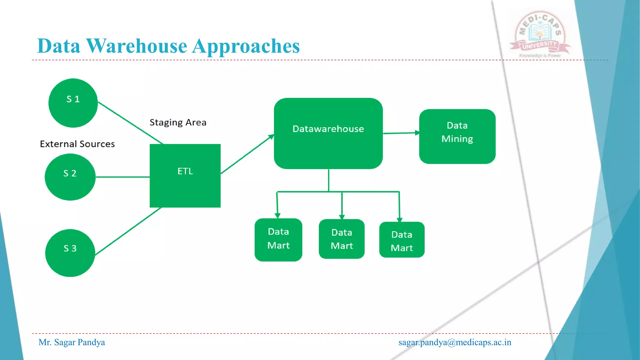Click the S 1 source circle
[73, 103]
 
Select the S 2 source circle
[70, 177]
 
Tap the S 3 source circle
[70, 253]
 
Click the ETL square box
[185, 176]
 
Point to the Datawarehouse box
[328, 133]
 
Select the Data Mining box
[457, 136]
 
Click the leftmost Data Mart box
[278, 240]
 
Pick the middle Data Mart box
[342, 239]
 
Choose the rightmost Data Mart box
[402, 240]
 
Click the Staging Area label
[178, 122]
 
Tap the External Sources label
[77, 144]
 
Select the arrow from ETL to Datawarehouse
[247, 154]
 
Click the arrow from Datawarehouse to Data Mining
[401, 133]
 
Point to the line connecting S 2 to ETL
[122, 177]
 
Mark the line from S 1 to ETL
[131, 123]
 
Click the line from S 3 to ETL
[128, 231]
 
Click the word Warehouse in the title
[136, 46]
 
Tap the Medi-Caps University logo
[540, 34]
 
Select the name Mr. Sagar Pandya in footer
[72, 342]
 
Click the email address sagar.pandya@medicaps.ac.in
[455, 342]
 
